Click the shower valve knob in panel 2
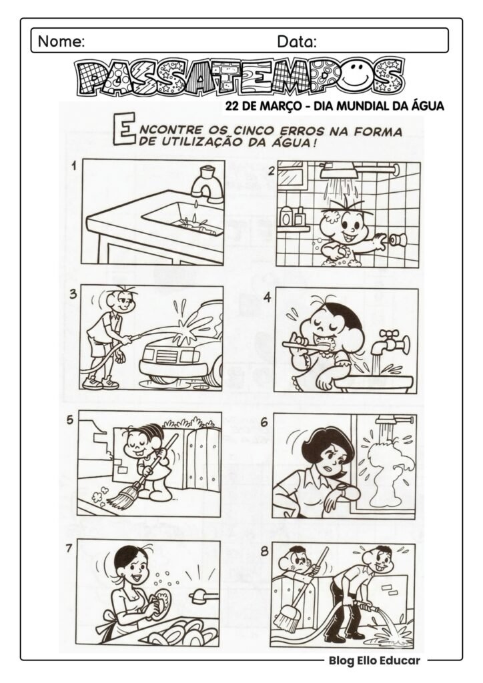click(398, 239)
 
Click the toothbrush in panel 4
click(307, 344)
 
